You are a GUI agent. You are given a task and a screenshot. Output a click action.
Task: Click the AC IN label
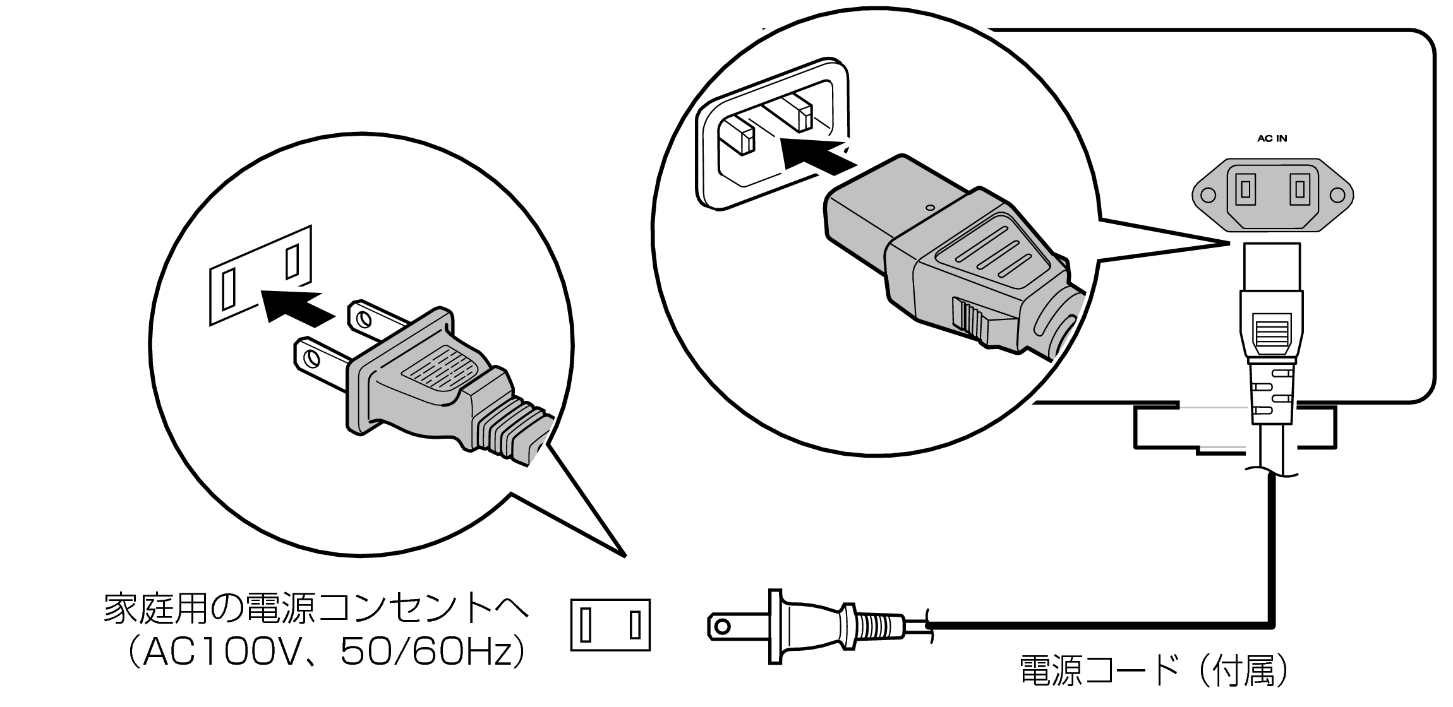tap(1272, 138)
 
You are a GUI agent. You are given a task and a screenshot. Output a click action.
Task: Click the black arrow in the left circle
tap(294, 306)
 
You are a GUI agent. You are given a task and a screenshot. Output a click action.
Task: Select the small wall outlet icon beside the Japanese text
tap(610, 625)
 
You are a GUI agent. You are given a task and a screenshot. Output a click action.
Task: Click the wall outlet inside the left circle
tap(261, 276)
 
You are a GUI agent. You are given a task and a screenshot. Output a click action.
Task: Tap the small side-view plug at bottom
tap(815, 626)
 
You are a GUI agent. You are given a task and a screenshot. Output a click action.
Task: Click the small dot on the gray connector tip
tap(929, 207)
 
